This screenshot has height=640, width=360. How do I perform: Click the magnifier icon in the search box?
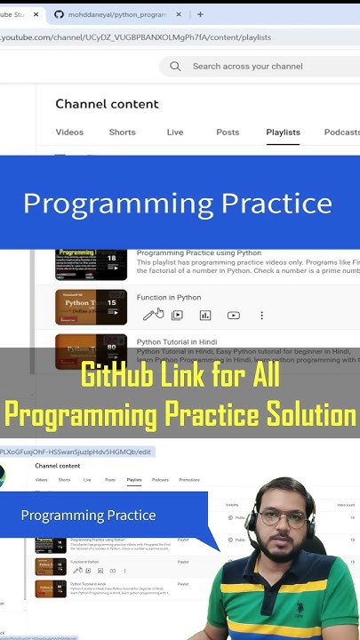tap(175, 67)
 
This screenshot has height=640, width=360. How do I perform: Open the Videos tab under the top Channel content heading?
tap(69, 132)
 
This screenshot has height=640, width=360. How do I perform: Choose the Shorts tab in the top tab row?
tap(122, 132)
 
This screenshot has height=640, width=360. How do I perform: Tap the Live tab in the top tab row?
tap(175, 132)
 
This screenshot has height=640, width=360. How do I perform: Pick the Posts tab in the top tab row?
tap(228, 132)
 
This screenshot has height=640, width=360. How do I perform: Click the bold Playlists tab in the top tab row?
tap(283, 132)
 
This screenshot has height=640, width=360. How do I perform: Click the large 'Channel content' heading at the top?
tap(107, 104)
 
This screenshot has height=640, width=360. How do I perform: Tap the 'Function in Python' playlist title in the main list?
tap(169, 298)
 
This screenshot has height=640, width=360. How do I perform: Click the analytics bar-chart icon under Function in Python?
tap(205, 316)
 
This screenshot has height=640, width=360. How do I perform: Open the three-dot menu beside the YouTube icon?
tap(261, 316)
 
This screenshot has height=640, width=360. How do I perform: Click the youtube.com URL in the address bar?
tap(133, 37)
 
